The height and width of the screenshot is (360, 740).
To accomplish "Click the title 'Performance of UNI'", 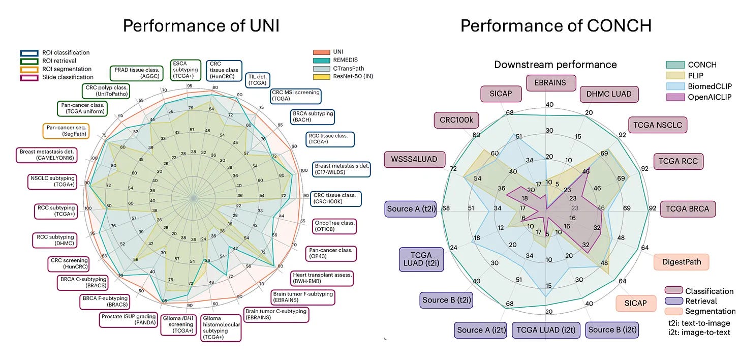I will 201,26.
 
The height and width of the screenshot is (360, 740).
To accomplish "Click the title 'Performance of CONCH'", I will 556,26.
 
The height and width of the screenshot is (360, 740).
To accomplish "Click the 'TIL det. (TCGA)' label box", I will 258,79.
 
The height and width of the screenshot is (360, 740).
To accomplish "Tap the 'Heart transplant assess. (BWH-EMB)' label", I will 322,278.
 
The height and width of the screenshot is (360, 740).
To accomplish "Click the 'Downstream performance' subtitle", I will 556,65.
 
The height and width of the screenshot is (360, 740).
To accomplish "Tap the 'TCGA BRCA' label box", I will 688,209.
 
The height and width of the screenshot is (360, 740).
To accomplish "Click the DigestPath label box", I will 681,262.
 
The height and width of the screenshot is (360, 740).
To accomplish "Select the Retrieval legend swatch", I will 673,301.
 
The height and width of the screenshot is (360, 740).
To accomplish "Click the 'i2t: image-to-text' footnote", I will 699,332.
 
